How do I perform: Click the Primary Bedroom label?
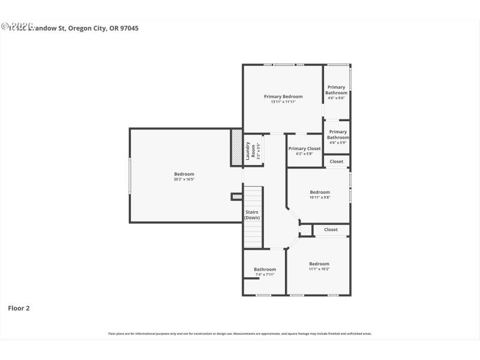(x=283, y=96)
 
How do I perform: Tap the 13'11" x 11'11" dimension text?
(x=283, y=102)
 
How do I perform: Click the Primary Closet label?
(x=305, y=148)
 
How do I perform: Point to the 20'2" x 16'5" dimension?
(x=184, y=179)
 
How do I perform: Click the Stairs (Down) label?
(x=252, y=215)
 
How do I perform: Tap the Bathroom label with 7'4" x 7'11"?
(x=265, y=269)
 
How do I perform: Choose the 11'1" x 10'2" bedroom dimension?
(x=319, y=269)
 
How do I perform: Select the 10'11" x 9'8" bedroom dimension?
(x=320, y=197)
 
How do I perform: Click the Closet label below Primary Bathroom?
(x=337, y=161)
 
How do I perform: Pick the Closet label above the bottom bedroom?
(x=331, y=230)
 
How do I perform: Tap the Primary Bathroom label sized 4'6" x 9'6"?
(x=336, y=90)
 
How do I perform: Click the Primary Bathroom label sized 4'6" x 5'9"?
(x=338, y=135)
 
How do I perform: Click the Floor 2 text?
(x=19, y=308)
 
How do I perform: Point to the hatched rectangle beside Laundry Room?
(x=237, y=148)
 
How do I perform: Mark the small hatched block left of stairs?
(x=237, y=196)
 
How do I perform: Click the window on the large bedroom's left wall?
(x=130, y=176)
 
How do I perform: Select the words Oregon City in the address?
(x=91, y=28)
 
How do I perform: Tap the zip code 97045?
(x=128, y=28)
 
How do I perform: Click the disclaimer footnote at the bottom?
(x=240, y=334)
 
